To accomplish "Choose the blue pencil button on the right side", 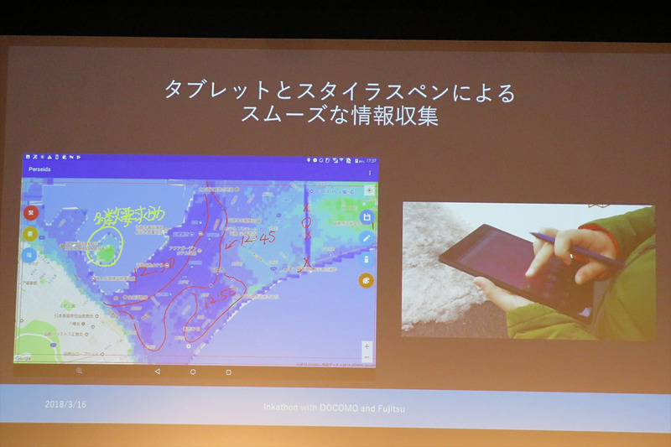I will point(366,238).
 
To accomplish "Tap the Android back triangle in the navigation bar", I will point(157,371).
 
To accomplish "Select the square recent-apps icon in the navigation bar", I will point(228,371).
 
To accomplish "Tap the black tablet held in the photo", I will point(503,268).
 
